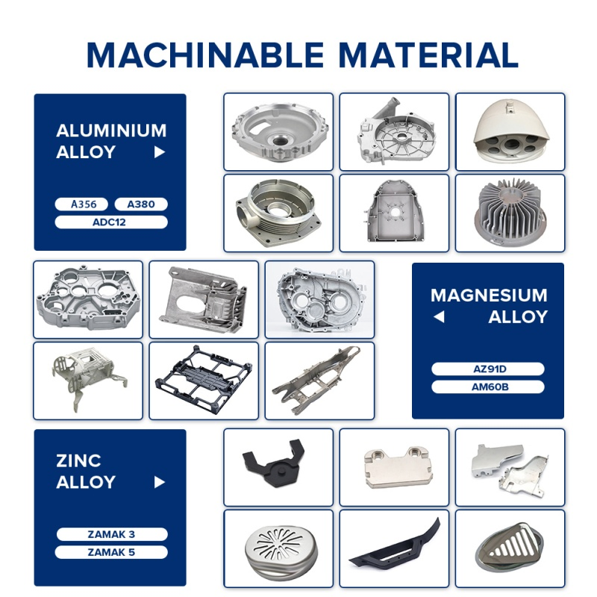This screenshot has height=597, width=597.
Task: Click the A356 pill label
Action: [81, 204]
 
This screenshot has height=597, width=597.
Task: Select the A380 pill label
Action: [141, 204]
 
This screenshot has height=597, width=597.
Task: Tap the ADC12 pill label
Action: [111, 222]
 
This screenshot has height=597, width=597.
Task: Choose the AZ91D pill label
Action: [488, 369]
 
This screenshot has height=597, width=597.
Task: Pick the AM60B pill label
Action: [488, 387]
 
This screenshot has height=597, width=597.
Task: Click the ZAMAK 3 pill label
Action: [112, 534]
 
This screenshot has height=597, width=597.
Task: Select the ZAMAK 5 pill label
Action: [111, 552]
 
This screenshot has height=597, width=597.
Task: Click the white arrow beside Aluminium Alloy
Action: [160, 152]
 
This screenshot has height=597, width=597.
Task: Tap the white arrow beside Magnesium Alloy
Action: [439, 316]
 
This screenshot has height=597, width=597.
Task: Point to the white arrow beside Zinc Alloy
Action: [160, 482]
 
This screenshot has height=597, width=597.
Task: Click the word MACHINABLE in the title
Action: [205, 54]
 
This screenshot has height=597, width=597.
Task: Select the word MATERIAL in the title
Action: [428, 54]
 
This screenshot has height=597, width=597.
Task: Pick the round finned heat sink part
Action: [510, 213]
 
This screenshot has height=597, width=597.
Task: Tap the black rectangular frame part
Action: [204, 380]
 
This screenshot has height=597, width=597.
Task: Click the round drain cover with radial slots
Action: [281, 548]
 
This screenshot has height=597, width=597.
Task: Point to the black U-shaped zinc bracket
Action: [273, 463]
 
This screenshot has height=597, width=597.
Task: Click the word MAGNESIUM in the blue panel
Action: [489, 296]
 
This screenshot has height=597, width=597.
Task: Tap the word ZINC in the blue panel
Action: [78, 460]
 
